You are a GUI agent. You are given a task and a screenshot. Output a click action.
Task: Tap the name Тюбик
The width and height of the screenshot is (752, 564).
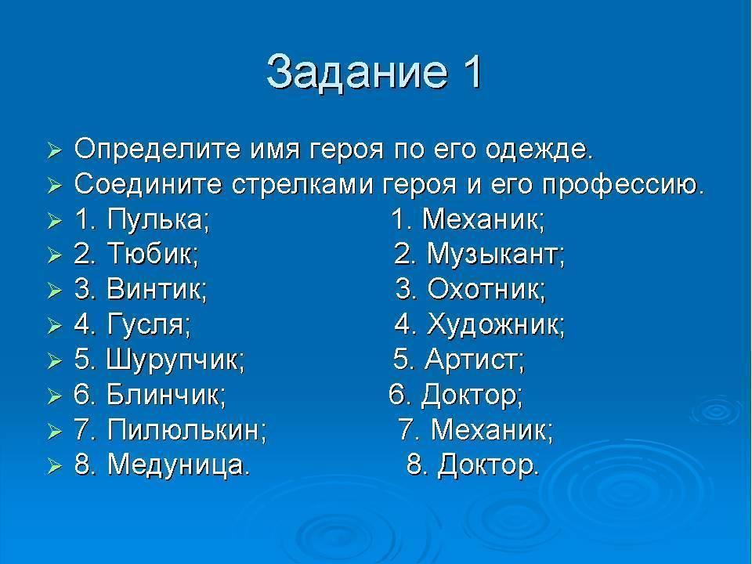(152, 253)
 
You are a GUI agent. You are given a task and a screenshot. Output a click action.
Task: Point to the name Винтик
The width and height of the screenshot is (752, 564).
(157, 289)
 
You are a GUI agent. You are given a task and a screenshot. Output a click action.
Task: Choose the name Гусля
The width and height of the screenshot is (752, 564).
(149, 324)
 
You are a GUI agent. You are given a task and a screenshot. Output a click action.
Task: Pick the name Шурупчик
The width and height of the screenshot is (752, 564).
(175, 360)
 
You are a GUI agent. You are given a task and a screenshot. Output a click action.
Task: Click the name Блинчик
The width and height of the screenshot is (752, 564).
(166, 394)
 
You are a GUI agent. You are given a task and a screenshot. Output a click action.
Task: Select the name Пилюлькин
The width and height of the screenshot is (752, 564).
(186, 430)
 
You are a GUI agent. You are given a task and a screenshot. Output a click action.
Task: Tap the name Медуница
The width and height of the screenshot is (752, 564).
(179, 465)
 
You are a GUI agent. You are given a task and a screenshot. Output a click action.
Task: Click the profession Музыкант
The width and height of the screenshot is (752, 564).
(496, 254)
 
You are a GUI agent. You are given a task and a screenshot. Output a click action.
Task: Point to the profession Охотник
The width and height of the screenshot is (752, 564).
(486, 289)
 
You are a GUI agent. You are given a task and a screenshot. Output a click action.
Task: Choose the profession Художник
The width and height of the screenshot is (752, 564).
(495, 324)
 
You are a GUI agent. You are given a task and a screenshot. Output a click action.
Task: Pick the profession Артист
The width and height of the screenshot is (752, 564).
(475, 360)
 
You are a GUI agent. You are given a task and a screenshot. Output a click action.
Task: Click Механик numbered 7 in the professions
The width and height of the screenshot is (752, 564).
(492, 430)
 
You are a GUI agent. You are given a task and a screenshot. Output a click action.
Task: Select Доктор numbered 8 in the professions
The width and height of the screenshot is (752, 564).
(488, 465)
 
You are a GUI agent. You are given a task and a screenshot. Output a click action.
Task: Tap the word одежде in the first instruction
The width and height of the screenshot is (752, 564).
(539, 150)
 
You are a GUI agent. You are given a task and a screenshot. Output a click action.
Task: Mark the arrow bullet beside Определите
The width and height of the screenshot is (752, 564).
(55, 151)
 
